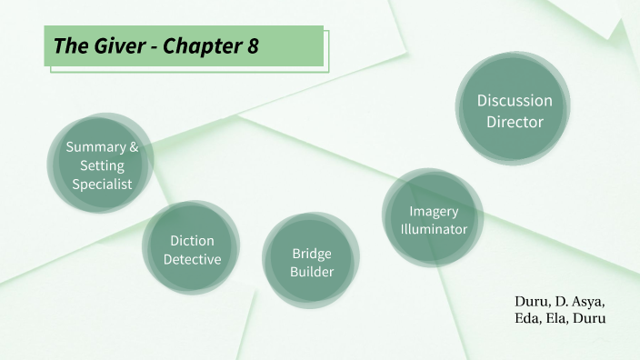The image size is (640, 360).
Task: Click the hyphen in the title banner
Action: pos(147,47)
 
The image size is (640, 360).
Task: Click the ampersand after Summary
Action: pos(134,147)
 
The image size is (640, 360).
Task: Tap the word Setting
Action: pos(102,165)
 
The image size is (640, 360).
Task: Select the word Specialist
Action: pos(102,184)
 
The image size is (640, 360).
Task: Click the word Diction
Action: pos(192,241)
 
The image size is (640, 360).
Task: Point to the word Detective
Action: pos(192,259)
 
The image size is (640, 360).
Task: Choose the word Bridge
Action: pos(312,253)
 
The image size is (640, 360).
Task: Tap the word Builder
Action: pos(312,271)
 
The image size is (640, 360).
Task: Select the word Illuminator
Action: pos(434,229)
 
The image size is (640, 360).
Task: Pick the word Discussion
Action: pos(515,101)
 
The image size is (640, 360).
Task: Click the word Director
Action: pos(515,121)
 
